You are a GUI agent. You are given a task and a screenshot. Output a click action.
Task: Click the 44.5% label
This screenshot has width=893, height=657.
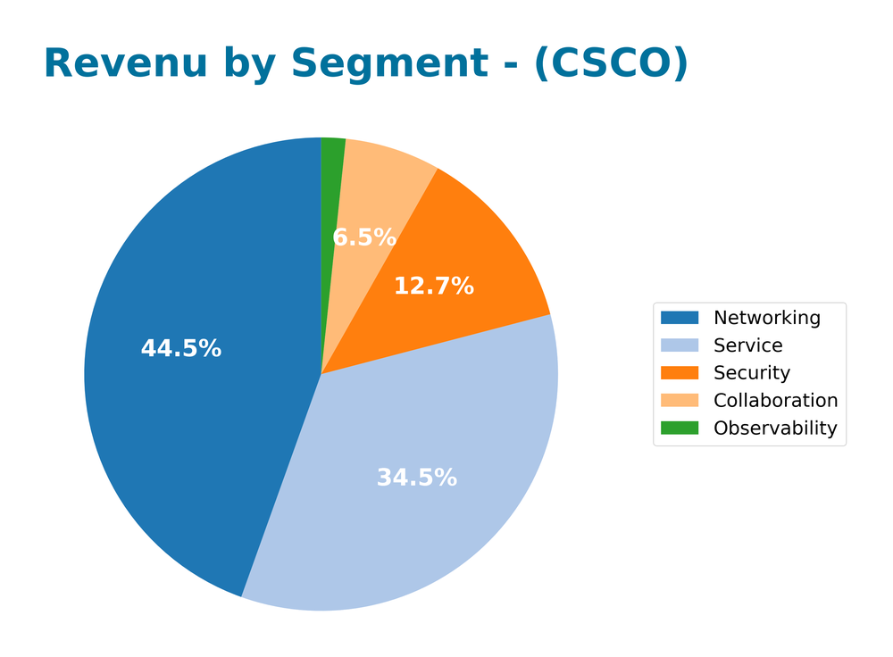click(181, 349)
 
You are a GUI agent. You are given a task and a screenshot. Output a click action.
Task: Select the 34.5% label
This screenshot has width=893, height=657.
click(416, 478)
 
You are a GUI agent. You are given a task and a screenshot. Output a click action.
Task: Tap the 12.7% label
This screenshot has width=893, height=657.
click(434, 287)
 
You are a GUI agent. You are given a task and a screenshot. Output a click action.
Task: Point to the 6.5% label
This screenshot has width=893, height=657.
click(364, 237)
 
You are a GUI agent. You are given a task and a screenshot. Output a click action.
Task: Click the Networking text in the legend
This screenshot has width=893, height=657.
click(766, 318)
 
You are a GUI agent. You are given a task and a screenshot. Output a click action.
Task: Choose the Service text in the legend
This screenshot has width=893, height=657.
click(747, 345)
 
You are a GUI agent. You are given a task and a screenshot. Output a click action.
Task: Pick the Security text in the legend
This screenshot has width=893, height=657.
click(752, 373)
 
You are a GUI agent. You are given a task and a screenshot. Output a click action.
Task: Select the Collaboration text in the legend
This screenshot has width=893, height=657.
click(775, 401)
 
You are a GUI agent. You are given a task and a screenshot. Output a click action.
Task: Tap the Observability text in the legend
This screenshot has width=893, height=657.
click(775, 428)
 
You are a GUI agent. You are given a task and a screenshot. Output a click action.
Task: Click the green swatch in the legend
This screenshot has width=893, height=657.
click(680, 428)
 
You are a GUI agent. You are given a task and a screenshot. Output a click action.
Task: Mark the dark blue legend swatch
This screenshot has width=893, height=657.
click(680, 318)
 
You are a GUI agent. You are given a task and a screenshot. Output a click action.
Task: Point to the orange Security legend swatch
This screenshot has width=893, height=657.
click(680, 373)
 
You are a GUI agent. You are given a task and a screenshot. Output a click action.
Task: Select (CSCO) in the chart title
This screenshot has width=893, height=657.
click(611, 64)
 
